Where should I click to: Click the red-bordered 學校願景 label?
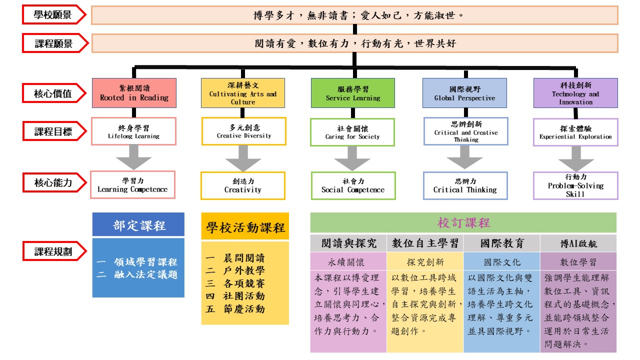[x=53, y=15]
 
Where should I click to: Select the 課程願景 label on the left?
[x=53, y=43]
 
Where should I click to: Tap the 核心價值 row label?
[x=53, y=93]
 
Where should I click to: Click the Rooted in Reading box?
[x=134, y=93]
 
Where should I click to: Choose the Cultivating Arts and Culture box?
[x=243, y=93]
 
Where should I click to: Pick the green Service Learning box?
[x=352, y=93]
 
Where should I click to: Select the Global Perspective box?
[x=464, y=93]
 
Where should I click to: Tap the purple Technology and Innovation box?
[x=575, y=93]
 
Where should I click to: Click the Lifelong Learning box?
[x=133, y=131]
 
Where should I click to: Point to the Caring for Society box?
[x=352, y=132]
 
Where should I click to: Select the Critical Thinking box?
[x=465, y=185]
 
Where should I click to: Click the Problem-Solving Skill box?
[x=575, y=185]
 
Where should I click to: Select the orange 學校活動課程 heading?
[x=245, y=227]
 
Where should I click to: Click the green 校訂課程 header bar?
[x=463, y=222]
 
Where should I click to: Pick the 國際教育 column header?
[x=501, y=243]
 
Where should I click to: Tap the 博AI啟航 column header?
[x=578, y=243]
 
